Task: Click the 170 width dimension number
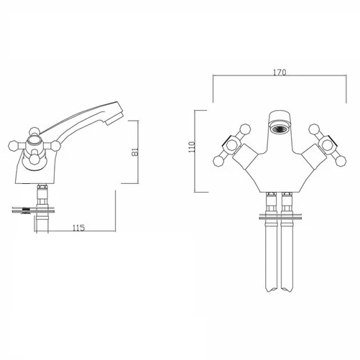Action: pos(280,73)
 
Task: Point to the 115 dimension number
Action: pos(80,228)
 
